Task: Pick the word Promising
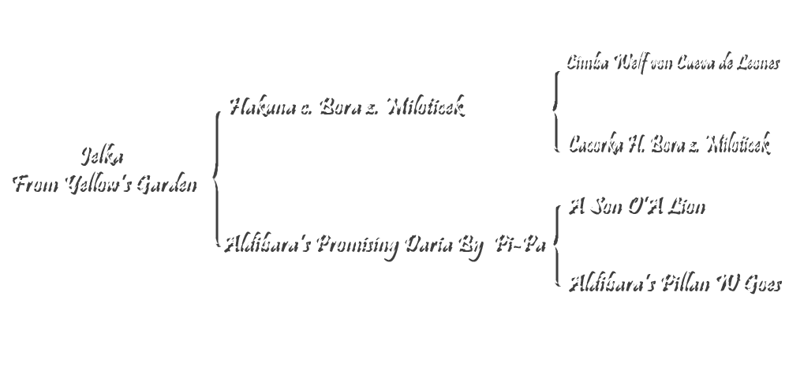coord(358,245)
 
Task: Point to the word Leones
coord(754,63)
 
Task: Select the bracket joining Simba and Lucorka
coord(553,107)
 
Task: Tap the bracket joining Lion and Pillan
coord(553,242)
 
